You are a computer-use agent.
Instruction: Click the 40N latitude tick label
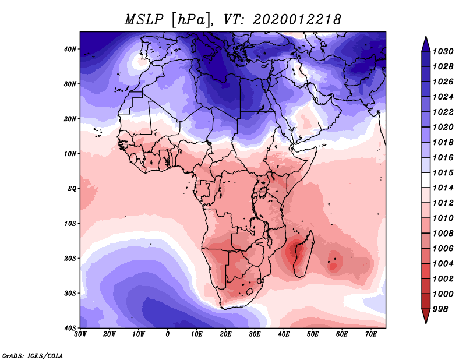point(70,49)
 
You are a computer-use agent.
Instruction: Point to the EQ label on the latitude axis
point(72,189)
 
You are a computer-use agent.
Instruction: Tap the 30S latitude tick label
point(70,293)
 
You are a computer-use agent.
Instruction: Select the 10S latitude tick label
point(70,224)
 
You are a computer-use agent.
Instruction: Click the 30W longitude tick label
point(80,334)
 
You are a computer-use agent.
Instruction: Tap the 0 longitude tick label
point(168,334)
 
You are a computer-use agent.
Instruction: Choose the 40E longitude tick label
point(284,334)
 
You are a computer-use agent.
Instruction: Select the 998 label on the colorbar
point(440,309)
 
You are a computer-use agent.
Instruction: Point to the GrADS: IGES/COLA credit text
point(33,355)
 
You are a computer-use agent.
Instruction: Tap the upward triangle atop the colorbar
point(425,43)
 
